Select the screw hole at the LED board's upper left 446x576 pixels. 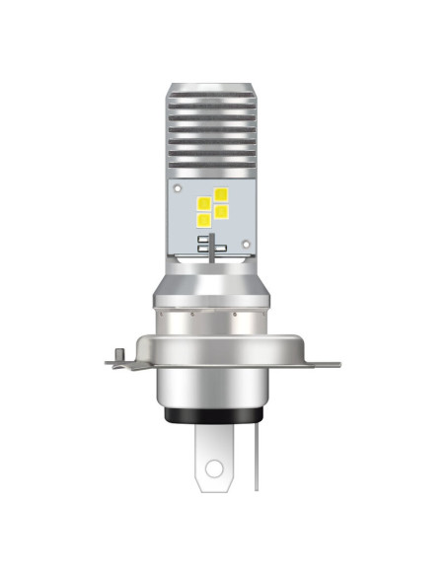177,186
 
